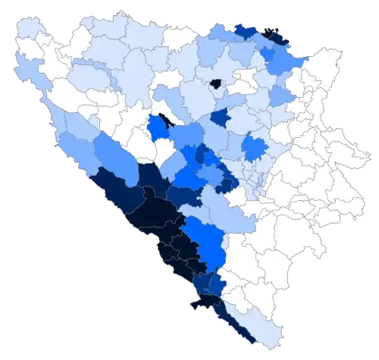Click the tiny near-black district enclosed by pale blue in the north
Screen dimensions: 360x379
point(216,83)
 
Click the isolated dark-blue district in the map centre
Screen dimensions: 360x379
point(220,117)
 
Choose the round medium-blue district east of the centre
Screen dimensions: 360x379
point(255,148)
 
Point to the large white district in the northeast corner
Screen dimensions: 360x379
point(318,83)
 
